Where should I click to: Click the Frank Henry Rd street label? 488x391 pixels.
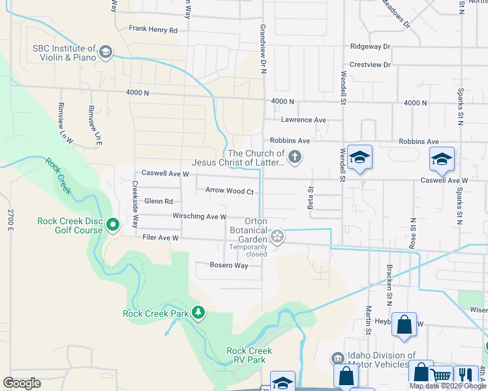click(x=153, y=29)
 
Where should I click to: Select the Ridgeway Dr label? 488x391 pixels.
click(x=369, y=47)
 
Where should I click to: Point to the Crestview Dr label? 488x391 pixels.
click(x=369, y=65)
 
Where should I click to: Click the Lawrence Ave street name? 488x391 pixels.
click(x=303, y=120)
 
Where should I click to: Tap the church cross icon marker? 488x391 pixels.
click(x=295, y=156)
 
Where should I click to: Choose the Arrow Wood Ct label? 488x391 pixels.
click(x=229, y=191)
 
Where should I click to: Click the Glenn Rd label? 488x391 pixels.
click(x=159, y=202)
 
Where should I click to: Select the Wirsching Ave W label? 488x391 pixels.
click(x=199, y=216)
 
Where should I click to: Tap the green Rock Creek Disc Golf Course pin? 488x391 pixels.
click(x=113, y=225)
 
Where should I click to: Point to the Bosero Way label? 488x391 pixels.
click(x=228, y=265)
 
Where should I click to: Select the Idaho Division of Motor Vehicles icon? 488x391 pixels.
click(x=337, y=358)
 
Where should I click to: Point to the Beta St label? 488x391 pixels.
click(x=311, y=198)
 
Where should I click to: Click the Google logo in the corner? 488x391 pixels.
click(x=22, y=383)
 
